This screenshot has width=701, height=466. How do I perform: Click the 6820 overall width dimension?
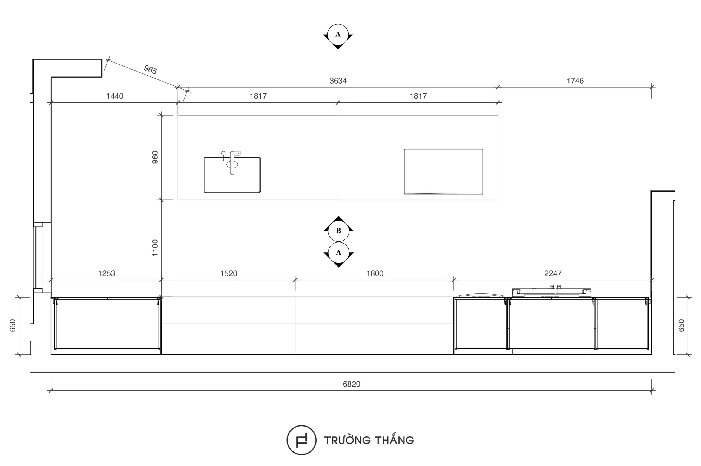point(351,384)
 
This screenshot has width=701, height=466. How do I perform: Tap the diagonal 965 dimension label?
point(150,70)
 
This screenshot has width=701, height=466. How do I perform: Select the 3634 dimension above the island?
point(338,81)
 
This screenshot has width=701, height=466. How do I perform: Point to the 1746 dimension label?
point(575,81)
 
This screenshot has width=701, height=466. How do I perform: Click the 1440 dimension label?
point(115,96)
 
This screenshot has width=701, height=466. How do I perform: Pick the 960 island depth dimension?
point(155,157)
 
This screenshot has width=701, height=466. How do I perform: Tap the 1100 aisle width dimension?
point(155,248)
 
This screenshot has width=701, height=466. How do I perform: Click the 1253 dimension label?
point(107,273)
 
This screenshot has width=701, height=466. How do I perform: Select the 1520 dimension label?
point(229,273)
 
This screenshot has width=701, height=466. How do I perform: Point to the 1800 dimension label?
point(375,273)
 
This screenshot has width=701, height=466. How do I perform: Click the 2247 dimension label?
point(553,273)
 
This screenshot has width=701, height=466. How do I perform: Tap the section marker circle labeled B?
point(338,231)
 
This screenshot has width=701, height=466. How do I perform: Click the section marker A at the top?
point(338,35)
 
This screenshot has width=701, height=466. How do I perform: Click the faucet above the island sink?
point(232,163)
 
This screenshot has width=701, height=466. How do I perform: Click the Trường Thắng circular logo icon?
point(301,440)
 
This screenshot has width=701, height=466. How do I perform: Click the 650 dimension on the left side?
point(13,325)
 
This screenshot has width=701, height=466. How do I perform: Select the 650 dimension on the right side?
point(681,325)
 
